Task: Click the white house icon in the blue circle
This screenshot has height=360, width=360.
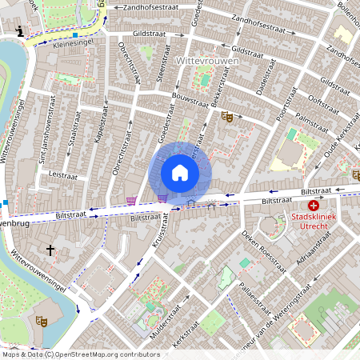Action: point(180,173)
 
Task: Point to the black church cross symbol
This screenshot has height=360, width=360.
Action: point(50,250)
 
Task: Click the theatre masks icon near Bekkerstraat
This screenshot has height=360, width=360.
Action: point(226,116)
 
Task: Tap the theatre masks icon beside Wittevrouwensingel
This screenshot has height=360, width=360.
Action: point(42,321)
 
